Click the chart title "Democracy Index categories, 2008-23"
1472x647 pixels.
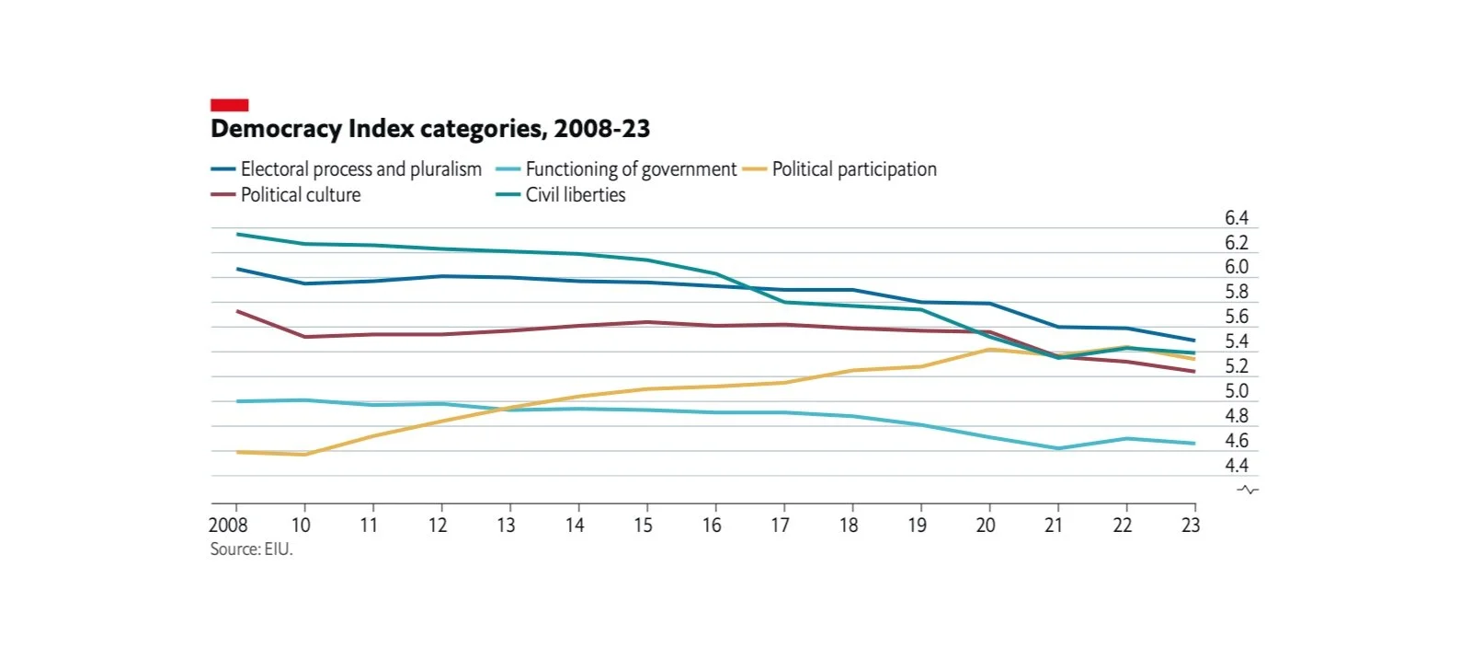(430, 129)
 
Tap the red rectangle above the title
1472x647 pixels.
(229, 105)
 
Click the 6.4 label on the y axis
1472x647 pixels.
(1237, 218)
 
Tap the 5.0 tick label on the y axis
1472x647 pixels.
(1237, 391)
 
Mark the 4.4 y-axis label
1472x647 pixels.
(1237, 466)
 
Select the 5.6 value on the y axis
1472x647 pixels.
(1237, 317)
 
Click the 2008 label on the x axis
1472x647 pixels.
(228, 526)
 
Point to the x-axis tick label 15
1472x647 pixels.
(643, 526)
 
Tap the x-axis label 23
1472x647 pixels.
(1191, 526)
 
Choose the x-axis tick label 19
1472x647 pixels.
(917, 526)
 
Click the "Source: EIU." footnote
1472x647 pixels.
(251, 549)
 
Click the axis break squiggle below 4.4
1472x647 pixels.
(1248, 490)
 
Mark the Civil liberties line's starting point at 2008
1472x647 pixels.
(237, 234)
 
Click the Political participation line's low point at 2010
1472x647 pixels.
(304, 455)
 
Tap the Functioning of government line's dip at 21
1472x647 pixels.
(1058, 448)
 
